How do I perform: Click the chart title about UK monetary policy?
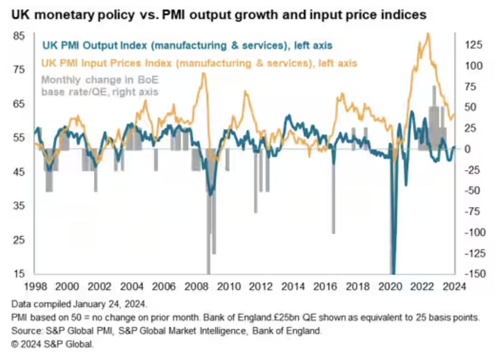click(x=219, y=15)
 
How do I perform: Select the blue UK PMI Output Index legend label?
click(x=187, y=45)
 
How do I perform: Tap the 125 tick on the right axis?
click(x=473, y=44)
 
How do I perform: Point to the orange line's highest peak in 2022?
click(x=428, y=34)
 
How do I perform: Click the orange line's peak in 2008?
click(x=203, y=73)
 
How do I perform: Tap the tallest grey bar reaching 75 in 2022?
click(x=434, y=117)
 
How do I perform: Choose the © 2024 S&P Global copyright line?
click(x=53, y=345)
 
